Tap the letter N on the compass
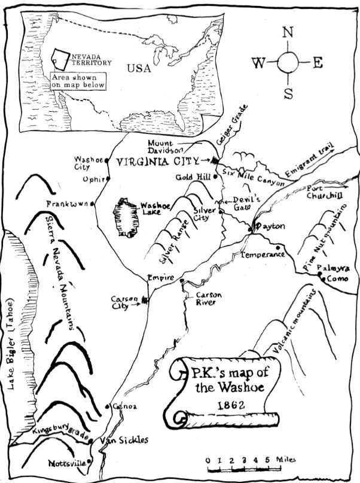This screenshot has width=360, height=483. click(288, 33)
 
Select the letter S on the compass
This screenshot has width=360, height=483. click(288, 93)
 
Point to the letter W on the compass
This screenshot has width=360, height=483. click(258, 63)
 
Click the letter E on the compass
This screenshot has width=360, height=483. click(318, 63)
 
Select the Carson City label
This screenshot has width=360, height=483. click(124, 302)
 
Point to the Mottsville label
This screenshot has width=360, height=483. click(67, 464)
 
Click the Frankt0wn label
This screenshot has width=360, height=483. click(67, 204)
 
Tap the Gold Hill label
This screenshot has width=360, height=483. click(190, 177)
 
